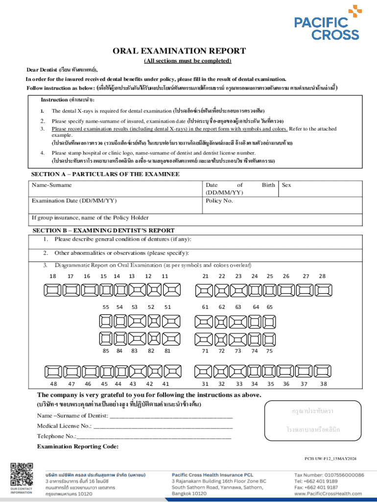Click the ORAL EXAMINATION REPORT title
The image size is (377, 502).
[x=179, y=51]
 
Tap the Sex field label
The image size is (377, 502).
[x=286, y=185]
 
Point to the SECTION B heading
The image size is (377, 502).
[x=103, y=230]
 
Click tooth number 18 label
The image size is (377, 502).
[x=53, y=276]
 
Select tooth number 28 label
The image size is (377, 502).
[x=322, y=276]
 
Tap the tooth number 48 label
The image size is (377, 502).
[x=53, y=384]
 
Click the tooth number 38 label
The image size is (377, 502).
[x=323, y=384]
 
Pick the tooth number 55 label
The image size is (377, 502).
[x=106, y=307]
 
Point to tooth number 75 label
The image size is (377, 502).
[x=269, y=351]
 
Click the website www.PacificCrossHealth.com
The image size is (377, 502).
[x=329, y=494]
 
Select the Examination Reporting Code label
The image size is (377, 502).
[x=78, y=446]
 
